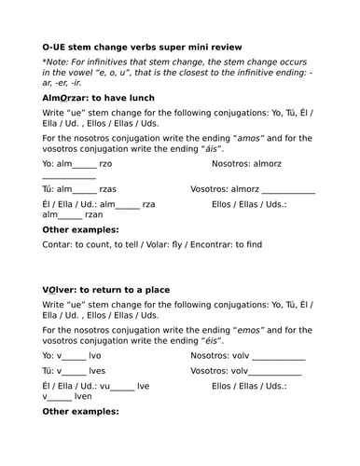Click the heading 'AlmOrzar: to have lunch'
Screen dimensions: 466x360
pos(98,97)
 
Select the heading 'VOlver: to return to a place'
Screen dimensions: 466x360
pos(106,289)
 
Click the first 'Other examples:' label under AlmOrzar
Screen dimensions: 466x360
pos(81,228)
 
